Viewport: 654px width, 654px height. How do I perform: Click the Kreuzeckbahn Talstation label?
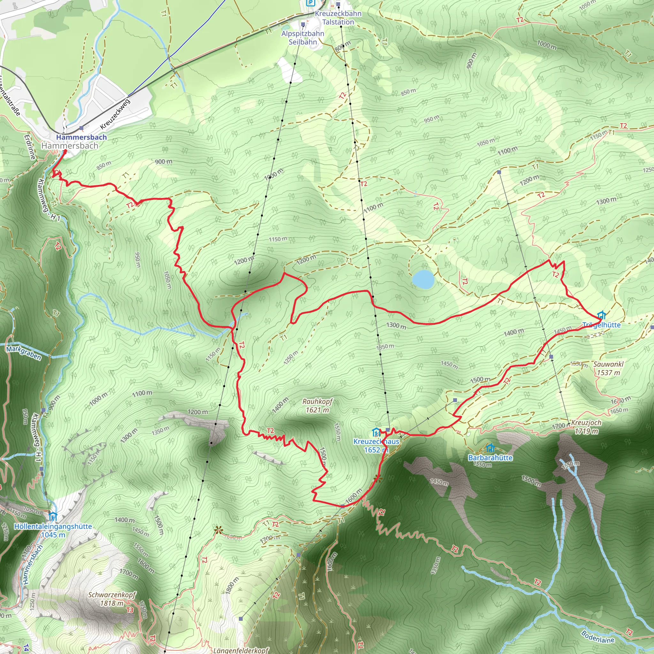pos(338,18)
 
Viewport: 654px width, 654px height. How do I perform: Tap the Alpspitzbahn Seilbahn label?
pos(303,38)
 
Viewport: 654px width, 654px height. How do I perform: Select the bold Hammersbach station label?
pos(81,137)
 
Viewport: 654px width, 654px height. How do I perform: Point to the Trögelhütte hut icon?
pos(601,315)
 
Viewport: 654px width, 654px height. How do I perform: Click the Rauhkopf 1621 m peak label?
pos(317,406)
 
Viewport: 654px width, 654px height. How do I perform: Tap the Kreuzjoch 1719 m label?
pos(586,427)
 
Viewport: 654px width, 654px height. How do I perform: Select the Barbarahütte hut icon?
pos(490,449)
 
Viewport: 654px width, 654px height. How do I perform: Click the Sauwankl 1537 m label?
pos(608,368)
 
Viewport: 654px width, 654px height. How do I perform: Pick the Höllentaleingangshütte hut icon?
pos(53,517)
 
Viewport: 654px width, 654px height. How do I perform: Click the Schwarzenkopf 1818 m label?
pos(112,599)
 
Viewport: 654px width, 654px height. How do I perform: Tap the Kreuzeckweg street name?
pos(115,114)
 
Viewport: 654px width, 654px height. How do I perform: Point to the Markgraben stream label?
pos(24,353)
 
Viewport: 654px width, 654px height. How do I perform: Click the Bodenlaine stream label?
pos(597,637)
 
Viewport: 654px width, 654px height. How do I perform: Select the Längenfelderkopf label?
pos(241,650)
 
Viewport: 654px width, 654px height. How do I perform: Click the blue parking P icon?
pos(310,3)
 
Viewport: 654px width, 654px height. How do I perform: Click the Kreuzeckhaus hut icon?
pos(376,432)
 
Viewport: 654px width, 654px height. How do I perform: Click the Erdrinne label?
pos(30,147)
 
